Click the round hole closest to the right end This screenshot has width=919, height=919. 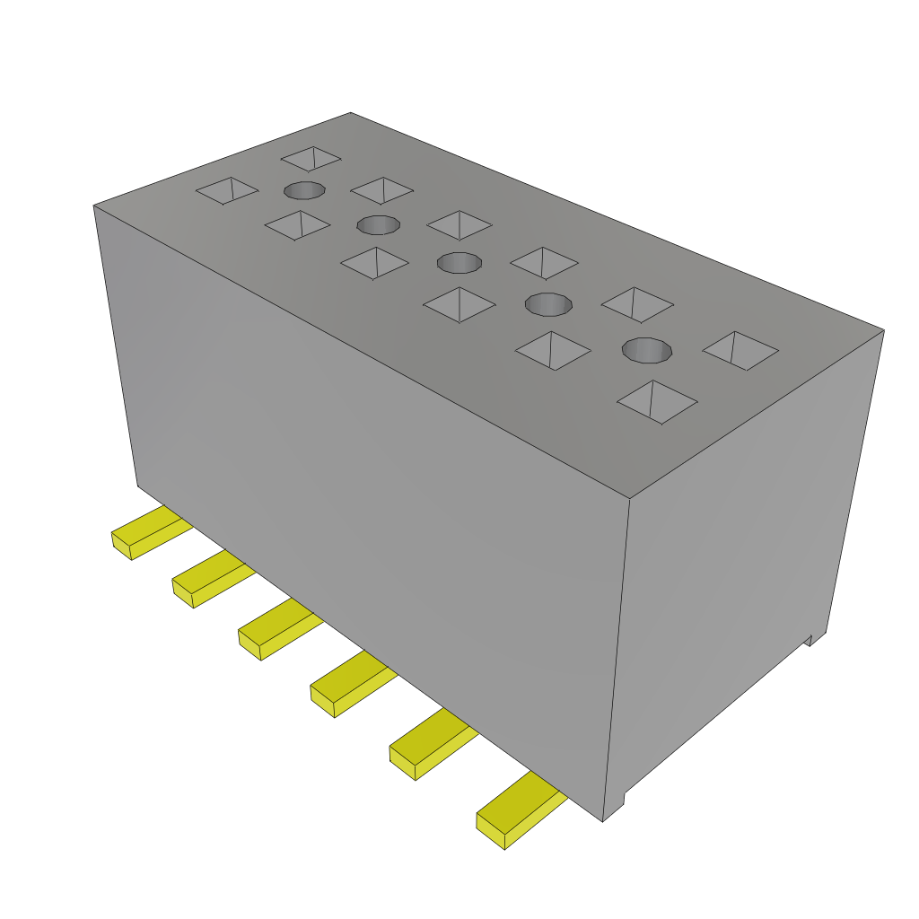pyautogui.click(x=647, y=350)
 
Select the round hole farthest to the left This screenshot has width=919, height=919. pyautogui.click(x=305, y=190)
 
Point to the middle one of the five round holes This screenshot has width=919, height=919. pyautogui.click(x=459, y=262)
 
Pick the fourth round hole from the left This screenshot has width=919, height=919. pyautogui.click(x=548, y=304)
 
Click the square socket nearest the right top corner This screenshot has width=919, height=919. pyautogui.click(x=740, y=349)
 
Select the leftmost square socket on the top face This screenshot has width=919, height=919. pyautogui.click(x=227, y=189)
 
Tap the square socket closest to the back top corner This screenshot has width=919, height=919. pyautogui.click(x=311, y=159)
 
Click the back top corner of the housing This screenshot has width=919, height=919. pyautogui.click(x=350, y=113)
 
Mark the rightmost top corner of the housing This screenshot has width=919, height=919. pyautogui.click(x=883, y=330)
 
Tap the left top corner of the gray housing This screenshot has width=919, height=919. pyautogui.click(x=94, y=206)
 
